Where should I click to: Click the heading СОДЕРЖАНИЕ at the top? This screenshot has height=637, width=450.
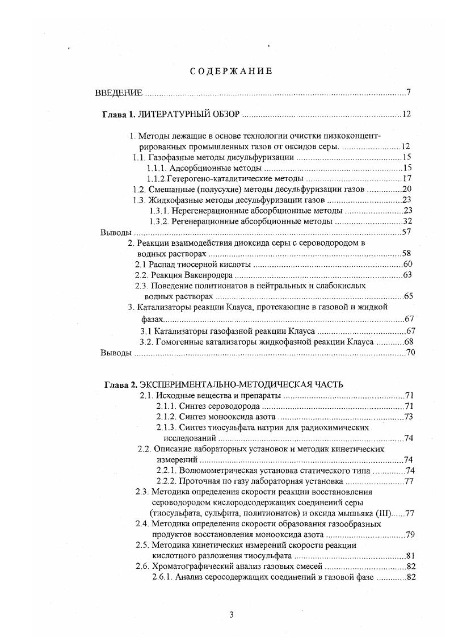tap(231, 72)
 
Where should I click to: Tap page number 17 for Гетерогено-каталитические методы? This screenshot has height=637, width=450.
tap(406, 179)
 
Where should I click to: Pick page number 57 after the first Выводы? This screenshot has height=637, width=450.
tap(406, 232)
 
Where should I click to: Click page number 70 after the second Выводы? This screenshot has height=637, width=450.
tap(411, 353)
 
